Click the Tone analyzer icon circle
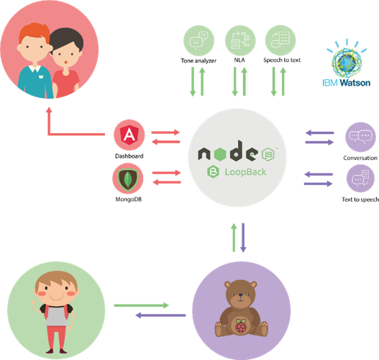[x=198, y=40]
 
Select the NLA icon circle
[x=240, y=40]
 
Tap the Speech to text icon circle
[x=280, y=40]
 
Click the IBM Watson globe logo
[x=347, y=59]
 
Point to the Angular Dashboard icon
[x=129, y=135]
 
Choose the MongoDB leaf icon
[x=128, y=179]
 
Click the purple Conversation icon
[x=360, y=138]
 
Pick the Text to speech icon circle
[x=360, y=179]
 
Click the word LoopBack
[x=245, y=172]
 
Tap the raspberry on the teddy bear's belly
[x=241, y=326]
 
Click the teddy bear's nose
[x=240, y=295]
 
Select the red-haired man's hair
[x=35, y=32]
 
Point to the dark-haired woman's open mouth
[x=65, y=63]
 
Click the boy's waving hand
[x=34, y=302]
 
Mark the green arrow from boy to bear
[x=142, y=305]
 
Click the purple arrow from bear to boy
[x=160, y=315]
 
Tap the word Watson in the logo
[x=355, y=83]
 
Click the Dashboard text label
[x=129, y=156]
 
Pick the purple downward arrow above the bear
[x=243, y=238]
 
